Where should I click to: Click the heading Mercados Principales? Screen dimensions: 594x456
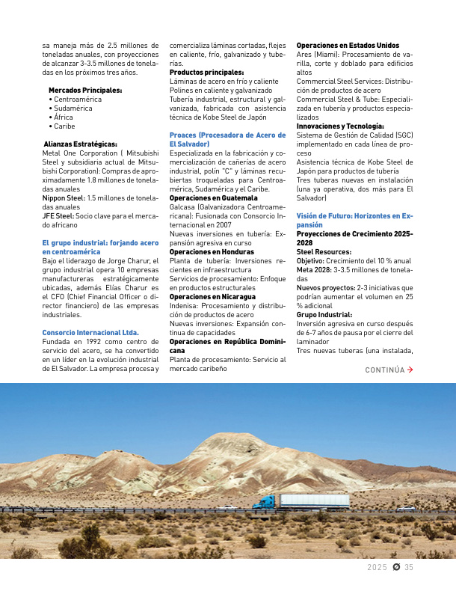coord(85,90)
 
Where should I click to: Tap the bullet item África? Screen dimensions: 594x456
coord(64,117)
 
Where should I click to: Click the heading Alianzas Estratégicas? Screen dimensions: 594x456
coord(80,144)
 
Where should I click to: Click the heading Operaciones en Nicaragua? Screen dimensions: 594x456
coord(210,297)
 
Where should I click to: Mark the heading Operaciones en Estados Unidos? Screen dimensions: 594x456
coord(348,46)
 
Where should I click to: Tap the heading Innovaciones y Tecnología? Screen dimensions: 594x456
coord(340,126)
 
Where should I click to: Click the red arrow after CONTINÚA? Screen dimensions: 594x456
coord(410,370)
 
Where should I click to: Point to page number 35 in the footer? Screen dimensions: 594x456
coord(409,567)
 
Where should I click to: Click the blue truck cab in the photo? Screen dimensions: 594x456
coord(266,503)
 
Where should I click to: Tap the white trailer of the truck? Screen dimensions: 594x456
coord(314,500)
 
